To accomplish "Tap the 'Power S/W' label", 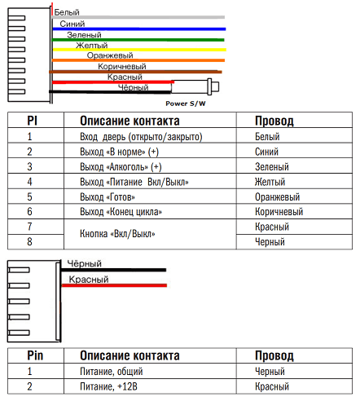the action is [x=185, y=105].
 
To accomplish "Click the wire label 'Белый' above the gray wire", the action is [x=67, y=13].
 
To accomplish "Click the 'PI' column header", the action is [x=30, y=120].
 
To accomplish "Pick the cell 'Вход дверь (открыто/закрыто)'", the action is [x=141, y=137].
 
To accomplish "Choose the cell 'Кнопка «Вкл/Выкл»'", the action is [x=118, y=234].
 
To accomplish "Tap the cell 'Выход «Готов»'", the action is [x=108, y=196].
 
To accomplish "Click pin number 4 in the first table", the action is [x=29, y=182].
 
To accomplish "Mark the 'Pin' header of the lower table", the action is [x=34, y=356].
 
